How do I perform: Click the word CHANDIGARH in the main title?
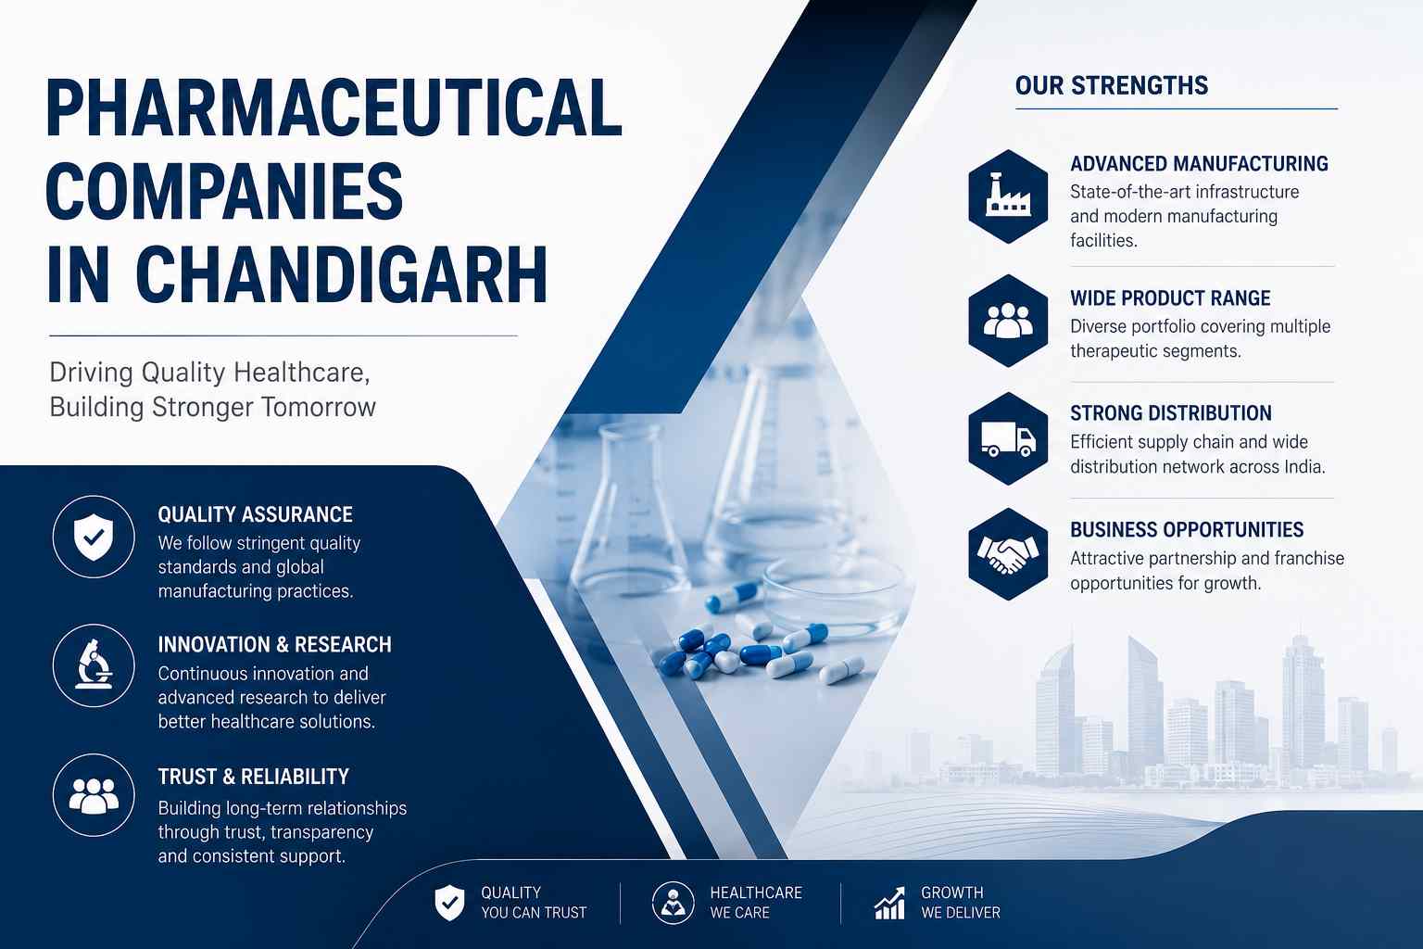coord(342,274)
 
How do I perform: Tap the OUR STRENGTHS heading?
coord(1112,86)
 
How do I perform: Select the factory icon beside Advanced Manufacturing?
coord(1008,196)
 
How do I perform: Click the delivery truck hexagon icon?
coord(1008,438)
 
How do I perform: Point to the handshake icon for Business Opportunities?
coord(1008,554)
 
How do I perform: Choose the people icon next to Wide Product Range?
coord(1008,321)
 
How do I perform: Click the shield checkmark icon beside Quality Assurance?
coord(94,538)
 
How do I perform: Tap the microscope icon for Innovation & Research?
coord(94,665)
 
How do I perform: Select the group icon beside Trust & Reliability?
coord(94,795)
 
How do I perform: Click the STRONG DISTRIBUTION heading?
coord(1171,413)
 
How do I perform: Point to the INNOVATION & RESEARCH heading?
coord(274,644)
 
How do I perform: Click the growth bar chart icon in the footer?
coord(890,904)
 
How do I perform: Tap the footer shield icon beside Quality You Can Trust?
coord(449,903)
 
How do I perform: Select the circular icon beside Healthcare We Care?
coord(673,903)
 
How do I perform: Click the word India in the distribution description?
coord(1304,467)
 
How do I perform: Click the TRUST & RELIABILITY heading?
coord(254,777)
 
